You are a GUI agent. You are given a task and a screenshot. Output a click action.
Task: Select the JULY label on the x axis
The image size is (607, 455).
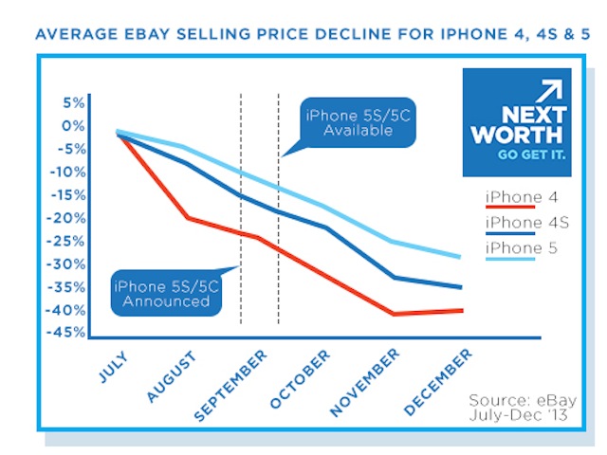point(113,365)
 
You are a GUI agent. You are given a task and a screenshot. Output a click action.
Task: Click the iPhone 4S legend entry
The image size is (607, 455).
point(524,223)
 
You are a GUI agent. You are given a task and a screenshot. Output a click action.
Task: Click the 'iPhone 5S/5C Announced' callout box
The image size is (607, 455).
point(161,293)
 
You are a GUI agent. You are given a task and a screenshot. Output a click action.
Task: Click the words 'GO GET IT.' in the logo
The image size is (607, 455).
point(531,155)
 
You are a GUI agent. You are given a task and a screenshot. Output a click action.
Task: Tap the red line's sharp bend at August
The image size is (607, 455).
point(188,218)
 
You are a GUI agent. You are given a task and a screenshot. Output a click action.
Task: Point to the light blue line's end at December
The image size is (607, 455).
point(462,257)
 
